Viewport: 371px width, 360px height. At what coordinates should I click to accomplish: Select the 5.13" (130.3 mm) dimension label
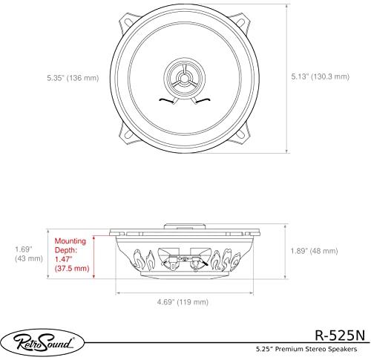[317, 75]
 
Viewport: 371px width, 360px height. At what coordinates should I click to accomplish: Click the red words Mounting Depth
[72, 246]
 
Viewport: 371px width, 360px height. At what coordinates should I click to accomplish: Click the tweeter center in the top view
[181, 76]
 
